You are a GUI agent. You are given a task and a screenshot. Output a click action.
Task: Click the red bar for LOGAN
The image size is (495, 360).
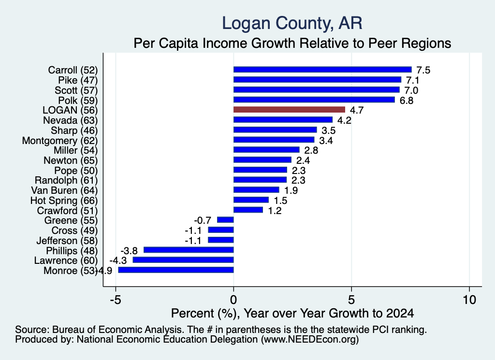[x=289, y=110]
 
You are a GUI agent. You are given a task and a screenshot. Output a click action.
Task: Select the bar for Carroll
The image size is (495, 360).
[x=322, y=70]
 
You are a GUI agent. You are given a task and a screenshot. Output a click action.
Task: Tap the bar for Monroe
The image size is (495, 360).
[x=176, y=270]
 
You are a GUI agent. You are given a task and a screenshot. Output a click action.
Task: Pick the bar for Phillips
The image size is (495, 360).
[x=189, y=250]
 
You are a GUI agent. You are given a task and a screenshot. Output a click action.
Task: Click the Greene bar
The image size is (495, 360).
[x=225, y=220]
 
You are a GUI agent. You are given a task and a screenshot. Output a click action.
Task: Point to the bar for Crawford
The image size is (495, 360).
[x=248, y=210]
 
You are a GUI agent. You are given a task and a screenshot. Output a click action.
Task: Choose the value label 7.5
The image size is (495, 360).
[x=423, y=70]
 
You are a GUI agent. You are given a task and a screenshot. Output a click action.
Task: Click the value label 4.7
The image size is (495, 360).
[x=357, y=110]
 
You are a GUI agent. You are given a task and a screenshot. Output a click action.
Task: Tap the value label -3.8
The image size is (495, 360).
[x=129, y=250]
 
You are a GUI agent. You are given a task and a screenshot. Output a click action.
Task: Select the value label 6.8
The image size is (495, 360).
[x=406, y=101]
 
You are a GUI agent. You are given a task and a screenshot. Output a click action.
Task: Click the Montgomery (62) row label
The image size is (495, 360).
[x=60, y=141]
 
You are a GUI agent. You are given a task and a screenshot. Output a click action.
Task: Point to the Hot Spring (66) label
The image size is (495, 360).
[x=64, y=201]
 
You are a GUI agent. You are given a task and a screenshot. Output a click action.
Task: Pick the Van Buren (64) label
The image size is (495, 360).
[x=64, y=190]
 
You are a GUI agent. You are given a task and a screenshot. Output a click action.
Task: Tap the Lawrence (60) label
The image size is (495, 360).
[x=66, y=260]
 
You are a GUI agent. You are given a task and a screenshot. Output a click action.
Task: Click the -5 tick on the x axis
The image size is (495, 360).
[x=116, y=300]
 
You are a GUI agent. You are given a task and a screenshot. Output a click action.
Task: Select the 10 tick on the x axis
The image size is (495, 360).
[x=469, y=300]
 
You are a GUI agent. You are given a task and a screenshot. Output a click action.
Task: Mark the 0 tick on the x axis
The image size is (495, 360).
[x=233, y=300]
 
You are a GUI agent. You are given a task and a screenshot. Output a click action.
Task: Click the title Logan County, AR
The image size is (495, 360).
[x=292, y=23]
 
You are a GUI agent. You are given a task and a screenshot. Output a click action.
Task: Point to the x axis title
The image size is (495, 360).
[x=292, y=313]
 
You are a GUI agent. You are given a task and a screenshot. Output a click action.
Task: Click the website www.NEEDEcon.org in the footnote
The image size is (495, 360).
[x=310, y=340]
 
